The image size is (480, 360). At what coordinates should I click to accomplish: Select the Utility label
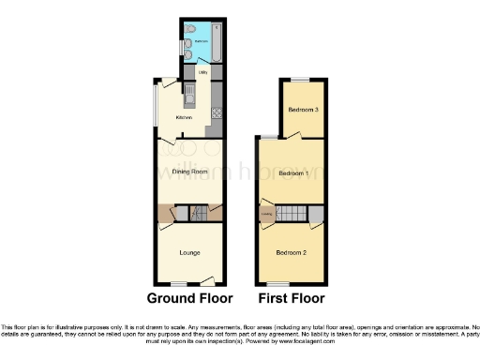tap(202, 71)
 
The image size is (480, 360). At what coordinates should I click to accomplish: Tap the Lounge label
tap(189, 251)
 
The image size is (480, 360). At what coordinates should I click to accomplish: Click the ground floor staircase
tap(199, 215)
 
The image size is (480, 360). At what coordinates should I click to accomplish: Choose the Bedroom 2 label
tap(292, 252)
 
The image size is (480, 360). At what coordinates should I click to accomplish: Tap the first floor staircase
tap(295, 214)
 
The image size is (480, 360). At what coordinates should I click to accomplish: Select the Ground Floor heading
tap(190, 298)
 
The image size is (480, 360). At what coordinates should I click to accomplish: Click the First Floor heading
tap(292, 298)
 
